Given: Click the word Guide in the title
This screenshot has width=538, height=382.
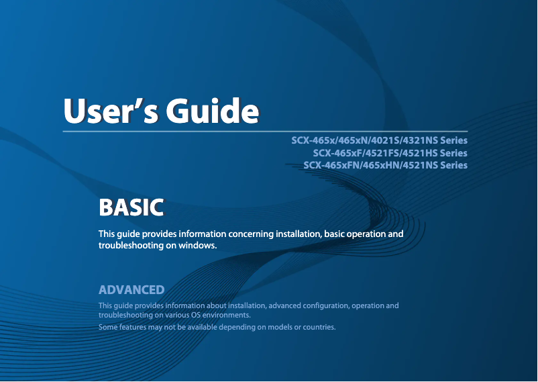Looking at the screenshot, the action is (213, 111).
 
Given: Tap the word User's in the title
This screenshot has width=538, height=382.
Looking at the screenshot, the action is (111, 111).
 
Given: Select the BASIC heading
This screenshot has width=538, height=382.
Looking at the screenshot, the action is (131, 207).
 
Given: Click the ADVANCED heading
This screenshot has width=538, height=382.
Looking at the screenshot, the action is (131, 289).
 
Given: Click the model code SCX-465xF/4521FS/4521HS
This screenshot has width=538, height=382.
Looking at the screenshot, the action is (375, 153).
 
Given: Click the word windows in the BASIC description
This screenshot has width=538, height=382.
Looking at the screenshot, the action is (197, 245).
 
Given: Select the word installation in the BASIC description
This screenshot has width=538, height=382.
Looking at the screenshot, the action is (299, 234).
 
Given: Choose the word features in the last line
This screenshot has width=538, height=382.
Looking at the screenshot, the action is (132, 327).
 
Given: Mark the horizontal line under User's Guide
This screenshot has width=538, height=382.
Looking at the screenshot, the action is (265, 131).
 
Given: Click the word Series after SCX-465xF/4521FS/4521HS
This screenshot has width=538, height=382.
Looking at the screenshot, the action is (453, 153).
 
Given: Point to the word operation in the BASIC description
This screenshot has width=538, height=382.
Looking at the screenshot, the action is (366, 234).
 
